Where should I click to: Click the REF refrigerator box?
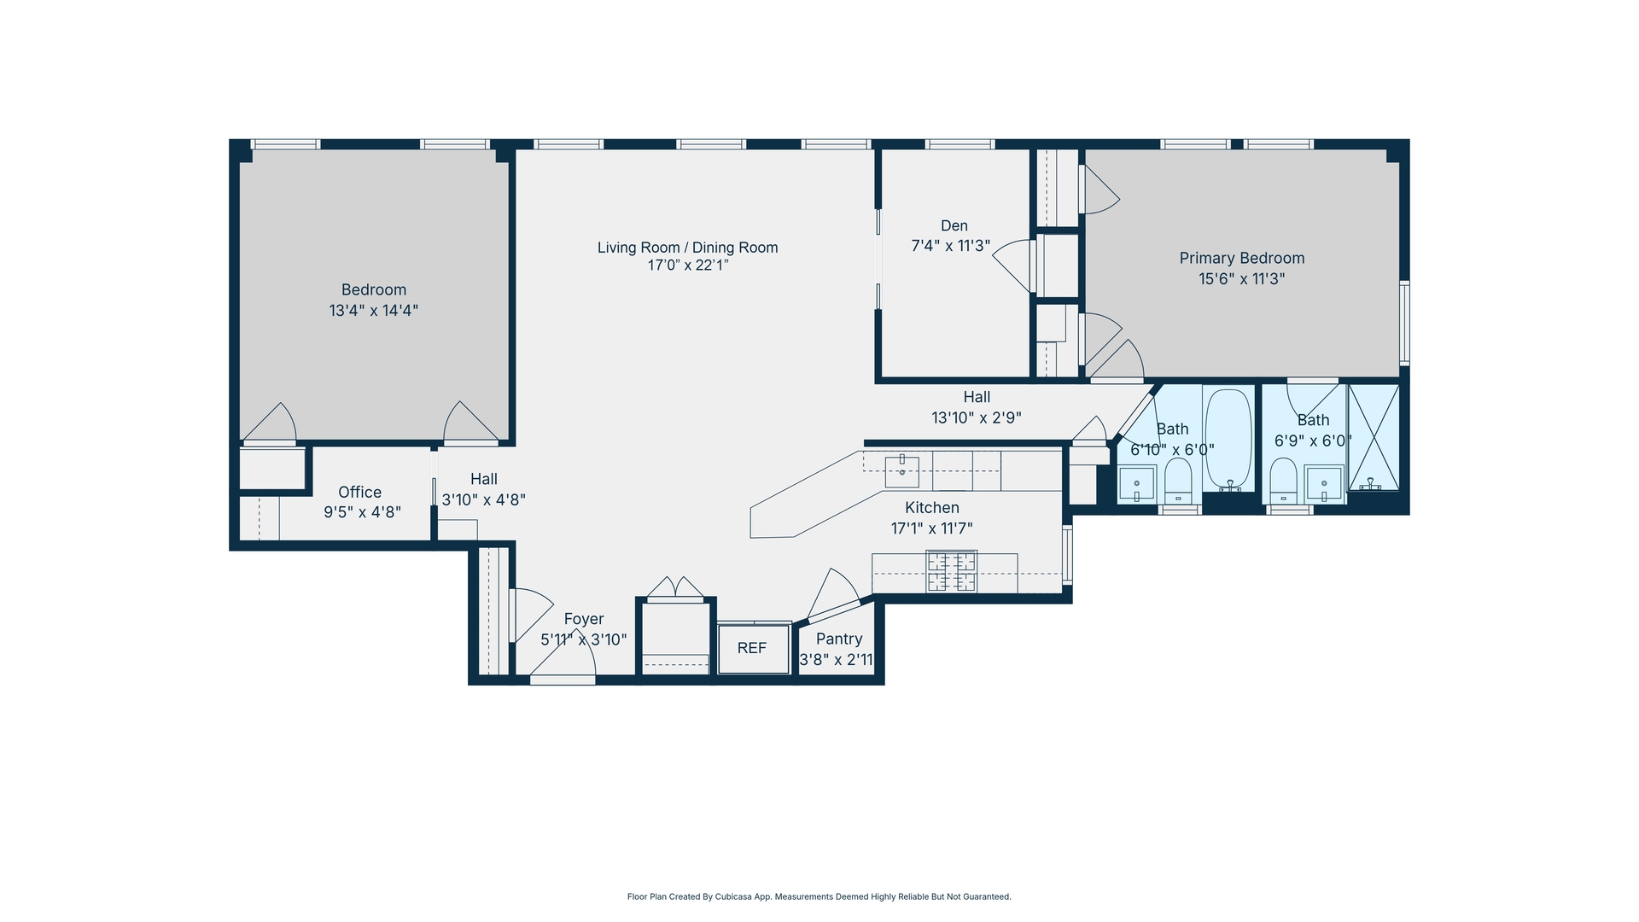point(752,649)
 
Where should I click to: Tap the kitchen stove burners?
point(952,572)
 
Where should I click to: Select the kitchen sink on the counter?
point(901,471)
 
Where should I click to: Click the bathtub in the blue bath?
point(1228,439)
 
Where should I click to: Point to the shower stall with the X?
point(1374,437)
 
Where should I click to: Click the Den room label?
point(954,225)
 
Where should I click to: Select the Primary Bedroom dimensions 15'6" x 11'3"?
point(1241,279)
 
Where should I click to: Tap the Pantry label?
point(838,639)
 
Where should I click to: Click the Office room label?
point(359,493)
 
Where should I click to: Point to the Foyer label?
point(584,619)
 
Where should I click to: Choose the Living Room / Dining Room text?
point(687,248)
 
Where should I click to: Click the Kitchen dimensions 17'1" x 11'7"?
point(931,528)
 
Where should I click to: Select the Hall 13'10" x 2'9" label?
point(977,407)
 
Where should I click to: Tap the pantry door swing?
point(832,592)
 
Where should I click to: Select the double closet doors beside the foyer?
point(675,588)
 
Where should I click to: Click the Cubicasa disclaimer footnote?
point(819,896)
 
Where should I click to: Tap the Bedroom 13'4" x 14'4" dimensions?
point(373,311)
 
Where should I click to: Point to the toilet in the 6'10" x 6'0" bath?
point(1178,481)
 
